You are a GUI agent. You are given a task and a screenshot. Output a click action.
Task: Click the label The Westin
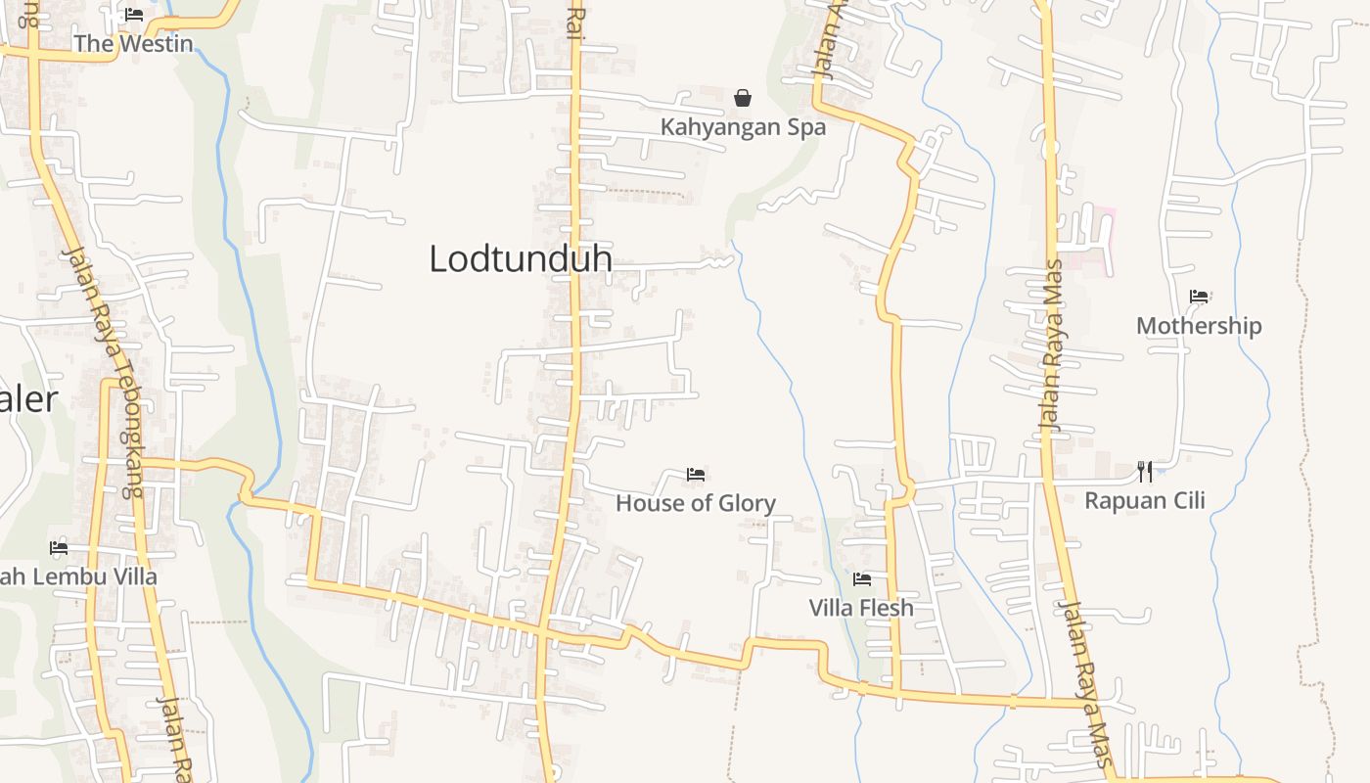[x=134, y=43]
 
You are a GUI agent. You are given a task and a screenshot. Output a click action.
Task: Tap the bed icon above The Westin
[x=134, y=15]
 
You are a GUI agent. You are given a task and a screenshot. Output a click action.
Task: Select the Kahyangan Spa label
[x=743, y=127]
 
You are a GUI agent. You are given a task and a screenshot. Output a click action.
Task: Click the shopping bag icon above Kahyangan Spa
[x=743, y=98]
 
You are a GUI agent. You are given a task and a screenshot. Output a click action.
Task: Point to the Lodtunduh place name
[x=521, y=258]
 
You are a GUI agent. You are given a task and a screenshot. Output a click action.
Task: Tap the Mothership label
[x=1199, y=326]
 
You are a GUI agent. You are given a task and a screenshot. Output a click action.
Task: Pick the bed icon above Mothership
[x=1199, y=297]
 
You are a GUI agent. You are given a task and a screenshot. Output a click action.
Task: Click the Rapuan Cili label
[x=1145, y=501]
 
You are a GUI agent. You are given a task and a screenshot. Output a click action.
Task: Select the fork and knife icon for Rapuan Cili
[x=1145, y=472]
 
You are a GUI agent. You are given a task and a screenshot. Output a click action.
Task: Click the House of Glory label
[x=696, y=504]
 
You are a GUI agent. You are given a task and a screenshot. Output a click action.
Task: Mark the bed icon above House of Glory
[x=696, y=475]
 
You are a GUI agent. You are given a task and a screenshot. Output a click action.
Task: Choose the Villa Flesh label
[x=861, y=608]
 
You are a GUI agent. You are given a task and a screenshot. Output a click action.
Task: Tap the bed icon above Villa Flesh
[x=861, y=579]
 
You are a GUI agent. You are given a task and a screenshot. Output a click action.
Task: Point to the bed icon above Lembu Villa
[x=59, y=548]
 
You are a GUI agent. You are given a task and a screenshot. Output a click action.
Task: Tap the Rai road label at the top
[x=575, y=22]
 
